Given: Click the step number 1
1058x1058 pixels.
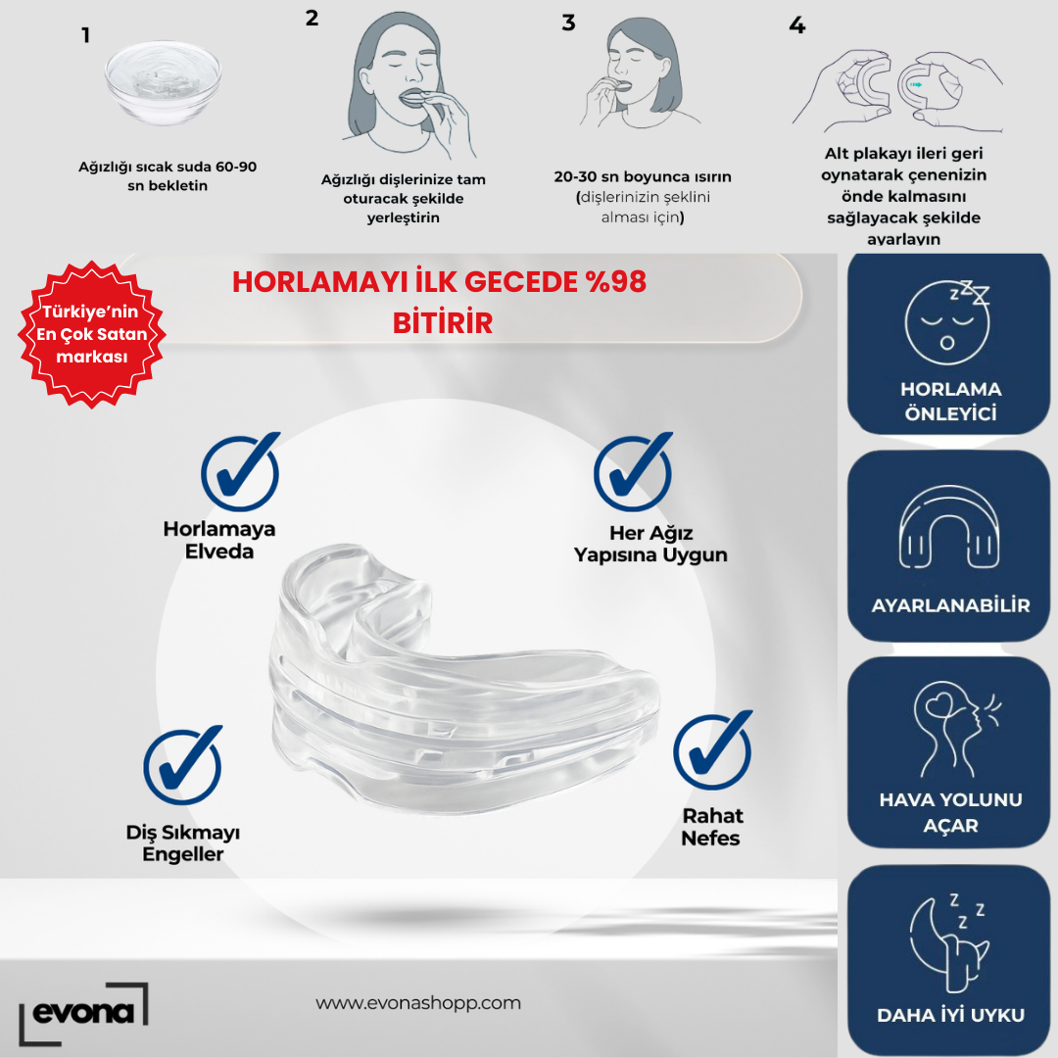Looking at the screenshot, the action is pos(85,35).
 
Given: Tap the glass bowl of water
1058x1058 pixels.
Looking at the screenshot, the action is pos(164,82).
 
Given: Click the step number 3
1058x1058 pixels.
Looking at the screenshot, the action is pos(569,23).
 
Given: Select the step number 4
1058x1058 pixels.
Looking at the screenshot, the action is pos(797,25).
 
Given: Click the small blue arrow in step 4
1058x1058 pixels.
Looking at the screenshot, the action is pos(916,85).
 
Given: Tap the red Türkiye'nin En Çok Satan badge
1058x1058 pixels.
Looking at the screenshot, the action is pos(92,334).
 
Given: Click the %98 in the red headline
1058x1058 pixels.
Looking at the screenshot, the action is pos(616,281).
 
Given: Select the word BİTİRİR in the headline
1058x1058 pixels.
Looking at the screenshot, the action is pos(443,323).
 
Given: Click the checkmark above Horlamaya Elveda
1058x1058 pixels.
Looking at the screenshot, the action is pos(240,471).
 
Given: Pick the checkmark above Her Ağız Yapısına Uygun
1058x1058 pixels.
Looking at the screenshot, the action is pos(633,471).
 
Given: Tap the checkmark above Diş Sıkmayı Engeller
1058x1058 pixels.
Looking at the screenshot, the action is pos(182,765).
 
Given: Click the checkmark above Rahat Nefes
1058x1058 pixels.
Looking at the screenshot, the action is pos(712,749).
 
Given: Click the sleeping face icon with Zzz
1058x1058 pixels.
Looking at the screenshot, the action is pos(948,322).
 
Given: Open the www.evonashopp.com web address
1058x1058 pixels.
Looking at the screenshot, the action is pos(418,1003).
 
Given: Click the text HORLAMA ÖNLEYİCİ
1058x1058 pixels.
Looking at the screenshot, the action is pos(950,402).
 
